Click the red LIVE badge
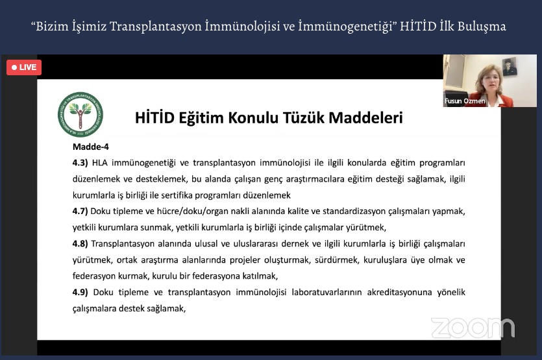pos(24,67)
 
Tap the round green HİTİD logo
pos(80,114)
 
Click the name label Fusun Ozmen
pos(465,101)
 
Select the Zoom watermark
pos(473,327)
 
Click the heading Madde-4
pos(91,147)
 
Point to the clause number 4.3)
pos(80,163)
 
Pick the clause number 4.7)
pos(80,211)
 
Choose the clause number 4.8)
pos(80,244)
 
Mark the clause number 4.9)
pos(80,293)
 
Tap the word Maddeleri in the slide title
pos(365,118)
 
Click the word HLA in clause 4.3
pos(100,163)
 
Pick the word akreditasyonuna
pos(400,293)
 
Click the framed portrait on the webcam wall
pos(509,67)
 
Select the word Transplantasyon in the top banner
pos(156,27)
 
